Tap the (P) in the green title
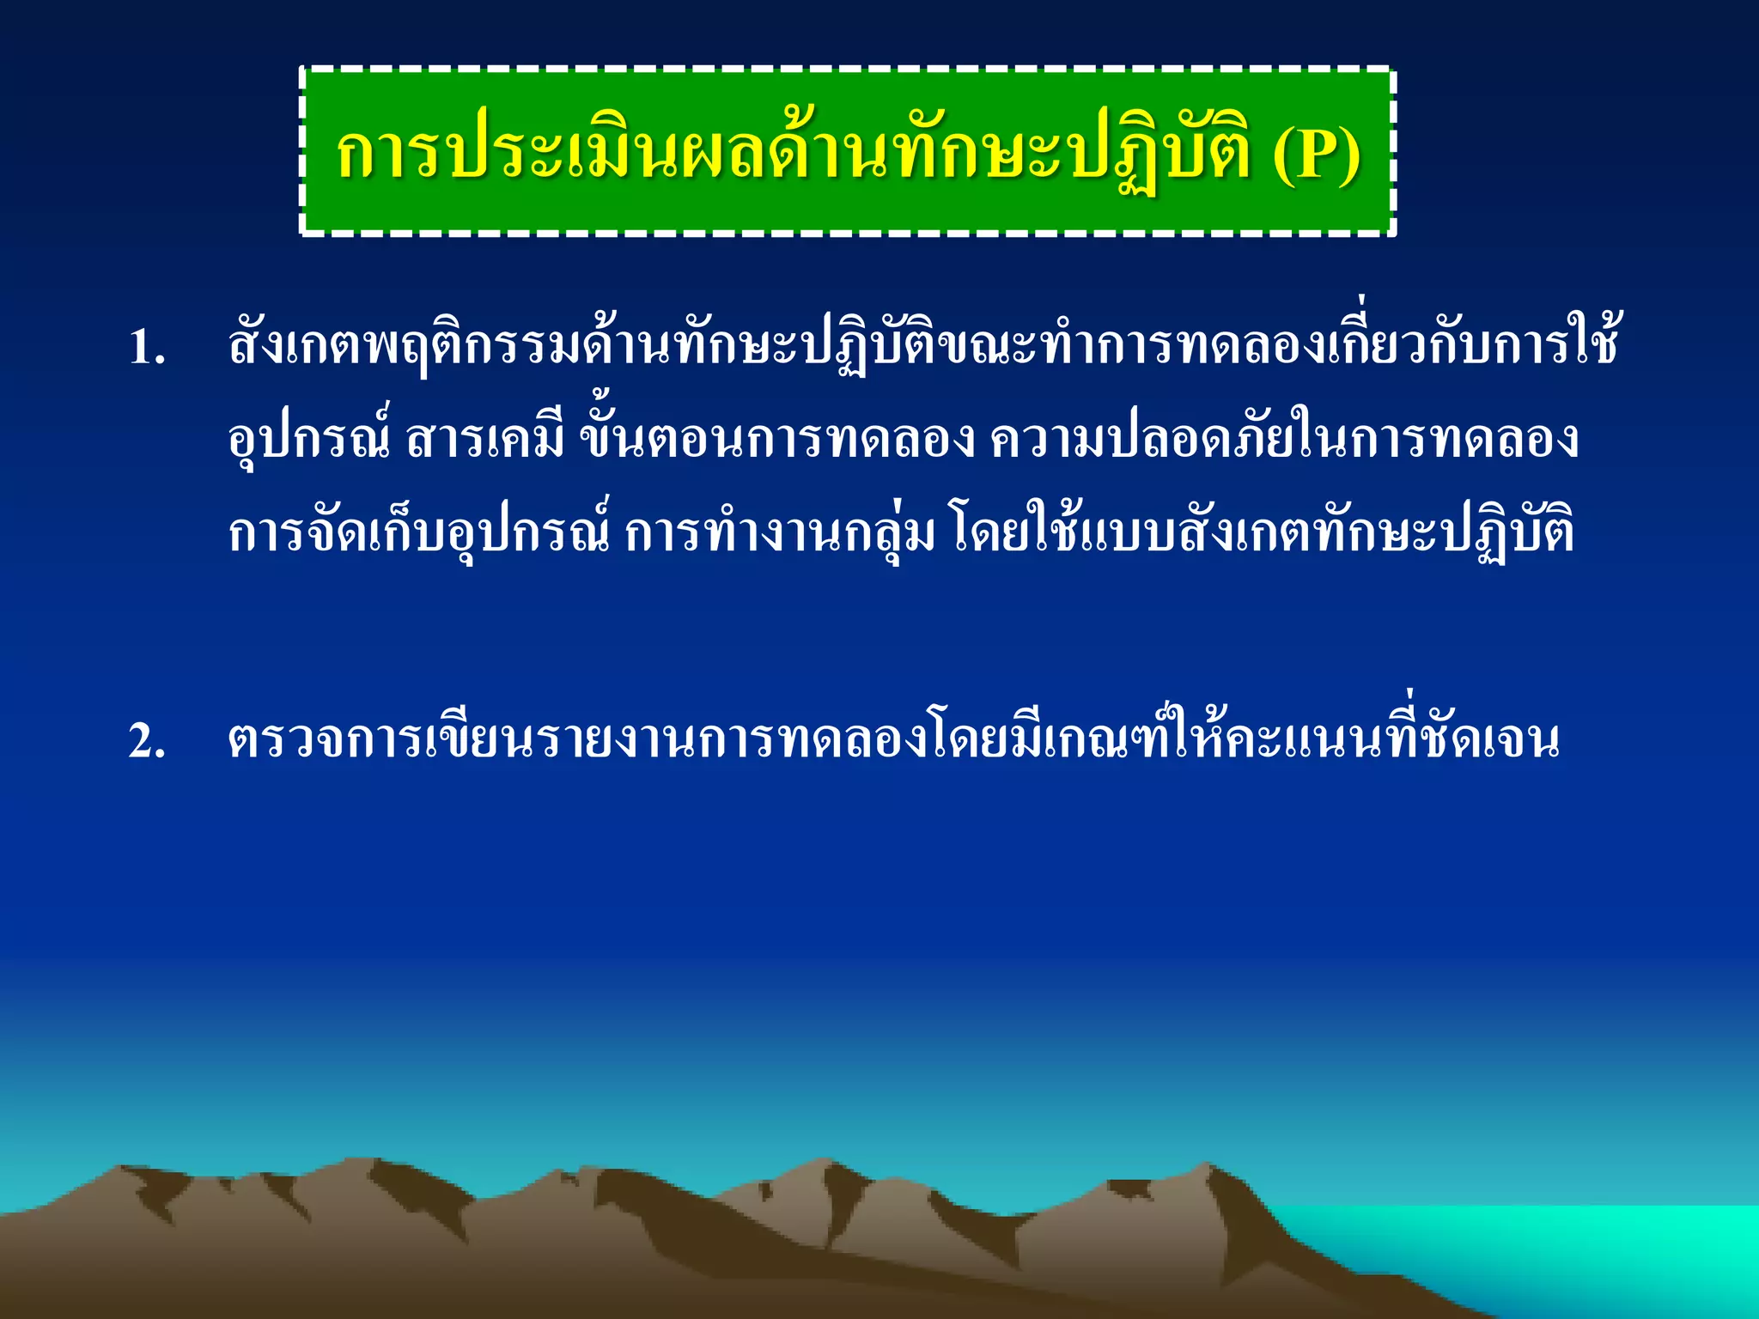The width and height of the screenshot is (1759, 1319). pos(1316,155)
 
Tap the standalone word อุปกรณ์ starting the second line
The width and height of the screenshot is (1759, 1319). pos(309,440)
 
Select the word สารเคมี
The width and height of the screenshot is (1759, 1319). pos(485,440)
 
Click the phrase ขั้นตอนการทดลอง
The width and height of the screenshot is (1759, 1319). pos(777,440)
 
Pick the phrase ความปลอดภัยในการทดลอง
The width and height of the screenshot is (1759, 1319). pos(1284,440)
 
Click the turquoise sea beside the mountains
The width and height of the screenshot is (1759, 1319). pos(1589,1245)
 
